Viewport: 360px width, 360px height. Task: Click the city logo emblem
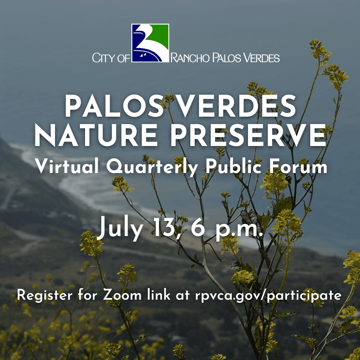(x=150, y=43)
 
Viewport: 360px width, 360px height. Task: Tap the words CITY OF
(x=111, y=58)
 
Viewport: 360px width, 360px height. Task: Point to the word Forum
(x=297, y=166)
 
